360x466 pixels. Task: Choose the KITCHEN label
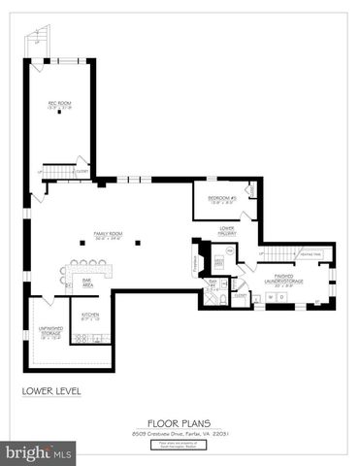point(90,316)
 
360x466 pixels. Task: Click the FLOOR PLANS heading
point(180,422)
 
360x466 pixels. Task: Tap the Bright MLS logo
point(39,452)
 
